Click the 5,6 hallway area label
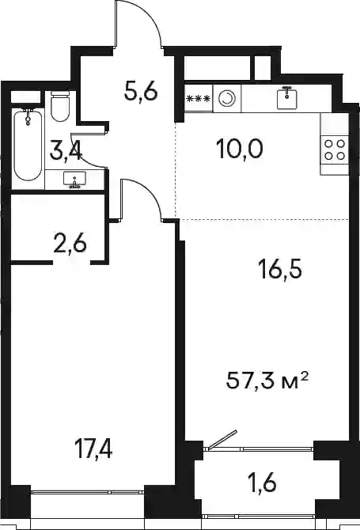[x=141, y=92]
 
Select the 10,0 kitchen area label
[x=240, y=150]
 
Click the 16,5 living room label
[x=279, y=271]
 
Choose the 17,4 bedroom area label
[x=94, y=450]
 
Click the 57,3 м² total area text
[x=267, y=380]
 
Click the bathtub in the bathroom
[x=28, y=145]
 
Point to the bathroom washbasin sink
[x=74, y=179]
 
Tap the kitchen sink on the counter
[x=287, y=97]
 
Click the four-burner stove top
[x=335, y=150]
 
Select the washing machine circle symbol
[x=226, y=99]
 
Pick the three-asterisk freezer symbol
[x=199, y=99]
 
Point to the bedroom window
[x=88, y=493]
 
